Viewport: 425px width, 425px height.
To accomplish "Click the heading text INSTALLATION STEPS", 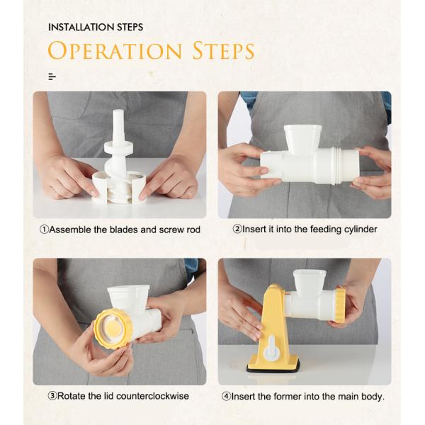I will pos(96,27).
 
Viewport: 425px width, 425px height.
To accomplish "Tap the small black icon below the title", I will pos(52,76).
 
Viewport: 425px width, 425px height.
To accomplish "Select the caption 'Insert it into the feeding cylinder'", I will pos(305,229).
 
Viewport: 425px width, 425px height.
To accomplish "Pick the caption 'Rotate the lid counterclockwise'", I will pos(118,396).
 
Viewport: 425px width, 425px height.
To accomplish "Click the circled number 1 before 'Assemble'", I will pos(44,229).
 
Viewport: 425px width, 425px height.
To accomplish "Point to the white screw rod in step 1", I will pos(118,142).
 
